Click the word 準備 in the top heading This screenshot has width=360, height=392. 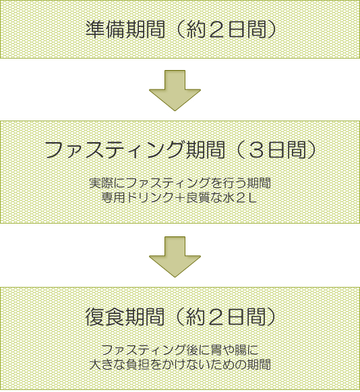(105, 30)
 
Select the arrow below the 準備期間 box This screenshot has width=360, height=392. (175, 90)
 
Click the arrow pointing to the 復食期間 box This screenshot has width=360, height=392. (175, 257)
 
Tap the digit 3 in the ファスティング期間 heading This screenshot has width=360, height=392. (257, 150)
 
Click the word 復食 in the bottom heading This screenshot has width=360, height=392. (105, 317)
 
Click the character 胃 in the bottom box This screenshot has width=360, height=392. (216, 350)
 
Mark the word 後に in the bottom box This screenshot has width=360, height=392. (198, 350)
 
